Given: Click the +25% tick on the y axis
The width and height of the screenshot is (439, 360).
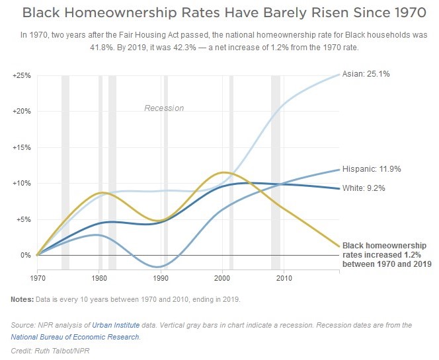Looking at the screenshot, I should coord(21,75).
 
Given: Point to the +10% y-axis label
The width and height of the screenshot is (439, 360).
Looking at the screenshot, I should coord(21,183).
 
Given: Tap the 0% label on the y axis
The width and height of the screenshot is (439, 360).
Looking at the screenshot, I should coord(25,255).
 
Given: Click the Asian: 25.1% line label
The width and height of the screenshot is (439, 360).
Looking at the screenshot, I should coord(366,74).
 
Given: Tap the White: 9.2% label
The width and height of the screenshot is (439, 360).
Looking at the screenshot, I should coord(364,188).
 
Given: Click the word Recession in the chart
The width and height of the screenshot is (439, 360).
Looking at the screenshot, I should coord(164,108).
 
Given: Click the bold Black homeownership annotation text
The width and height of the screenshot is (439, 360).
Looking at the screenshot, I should coord(385,254).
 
